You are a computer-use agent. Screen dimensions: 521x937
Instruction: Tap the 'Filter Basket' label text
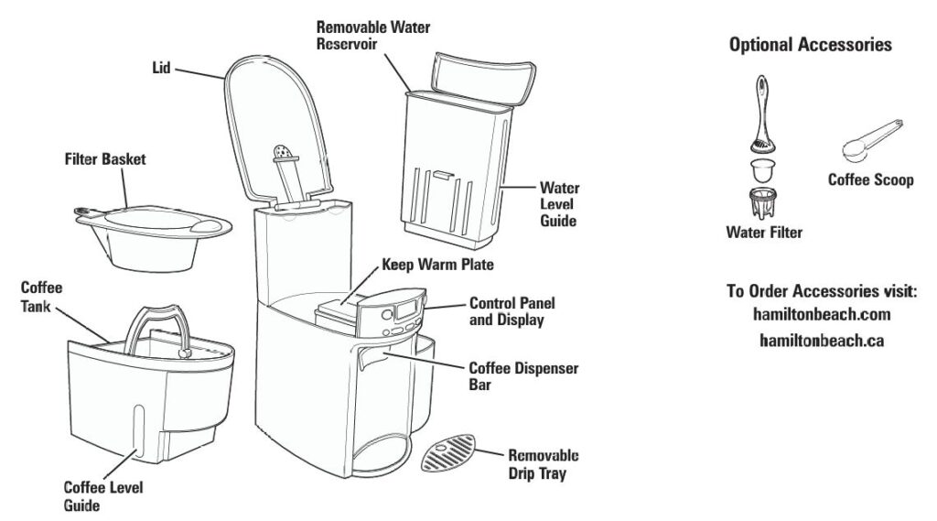click(104, 159)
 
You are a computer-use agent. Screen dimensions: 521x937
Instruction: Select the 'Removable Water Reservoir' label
click(372, 36)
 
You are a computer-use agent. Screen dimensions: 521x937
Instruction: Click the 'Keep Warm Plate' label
click(437, 266)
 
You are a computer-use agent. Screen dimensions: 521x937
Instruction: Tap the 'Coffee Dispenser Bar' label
click(522, 376)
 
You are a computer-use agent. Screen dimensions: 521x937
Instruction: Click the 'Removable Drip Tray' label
click(544, 464)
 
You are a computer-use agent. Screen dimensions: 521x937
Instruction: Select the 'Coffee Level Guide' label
click(95, 495)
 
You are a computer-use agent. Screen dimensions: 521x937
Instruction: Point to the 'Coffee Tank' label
click(41, 296)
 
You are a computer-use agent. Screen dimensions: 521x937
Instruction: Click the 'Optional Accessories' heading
click(810, 45)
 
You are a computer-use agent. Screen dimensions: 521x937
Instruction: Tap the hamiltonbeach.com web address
click(821, 314)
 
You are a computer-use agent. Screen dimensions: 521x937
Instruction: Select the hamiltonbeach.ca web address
click(821, 339)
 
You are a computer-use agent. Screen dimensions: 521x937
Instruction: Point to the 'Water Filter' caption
click(764, 233)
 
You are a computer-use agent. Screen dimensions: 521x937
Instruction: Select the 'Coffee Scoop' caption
click(870, 180)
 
